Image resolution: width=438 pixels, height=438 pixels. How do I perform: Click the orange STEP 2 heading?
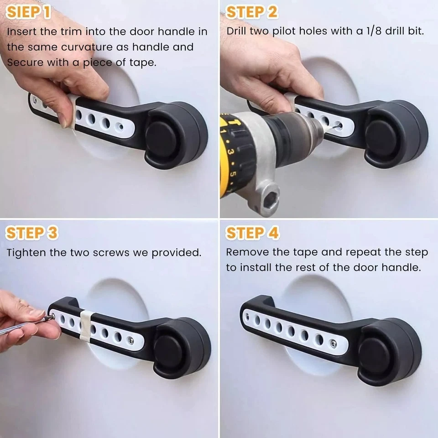[x=252, y=12]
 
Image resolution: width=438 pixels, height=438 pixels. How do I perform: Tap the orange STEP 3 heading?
[x=32, y=233]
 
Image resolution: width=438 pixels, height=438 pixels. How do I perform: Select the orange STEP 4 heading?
[x=252, y=233]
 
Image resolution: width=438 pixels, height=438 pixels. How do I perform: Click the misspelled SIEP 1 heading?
[x=28, y=12]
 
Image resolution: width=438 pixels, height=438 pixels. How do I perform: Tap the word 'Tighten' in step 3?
[x=26, y=253]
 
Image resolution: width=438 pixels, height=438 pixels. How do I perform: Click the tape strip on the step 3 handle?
[x=86, y=325]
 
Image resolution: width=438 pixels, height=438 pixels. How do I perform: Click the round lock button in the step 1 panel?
[x=161, y=139]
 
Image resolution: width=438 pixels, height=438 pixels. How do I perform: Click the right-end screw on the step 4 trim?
[x=333, y=344]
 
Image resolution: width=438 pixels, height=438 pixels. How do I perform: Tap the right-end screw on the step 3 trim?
[x=130, y=340]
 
